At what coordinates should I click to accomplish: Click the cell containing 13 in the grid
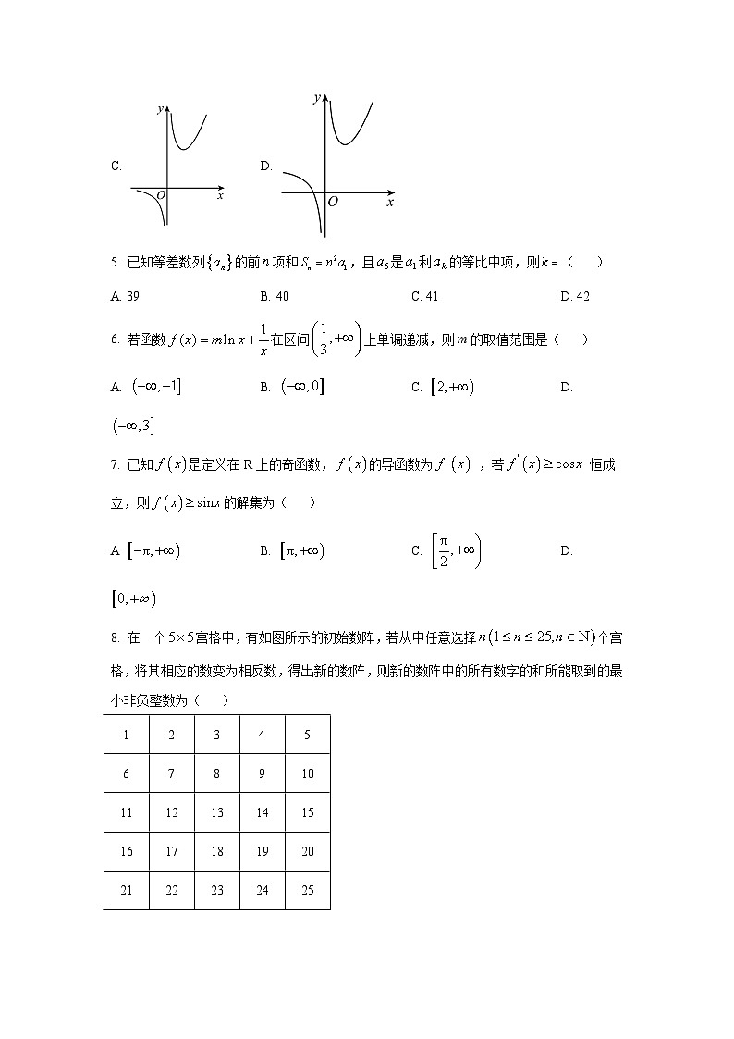pos(216,813)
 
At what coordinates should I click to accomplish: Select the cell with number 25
pos(308,890)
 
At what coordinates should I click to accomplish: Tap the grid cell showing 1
pos(126,736)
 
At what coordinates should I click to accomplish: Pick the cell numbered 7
pos(171,774)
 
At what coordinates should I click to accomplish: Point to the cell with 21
pos(126,890)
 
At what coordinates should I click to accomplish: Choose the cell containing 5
pos(308,736)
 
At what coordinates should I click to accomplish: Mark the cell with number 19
pos(262,851)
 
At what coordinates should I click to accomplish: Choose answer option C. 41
pos(424,296)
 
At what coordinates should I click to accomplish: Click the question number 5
pos(114,263)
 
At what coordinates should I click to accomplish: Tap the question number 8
pos(114,637)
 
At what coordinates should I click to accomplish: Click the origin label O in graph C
pos(161,195)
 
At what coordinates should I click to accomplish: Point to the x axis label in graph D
pos(390,202)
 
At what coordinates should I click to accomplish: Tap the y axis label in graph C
pos(160,109)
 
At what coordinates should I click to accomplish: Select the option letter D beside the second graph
pos(266,167)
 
